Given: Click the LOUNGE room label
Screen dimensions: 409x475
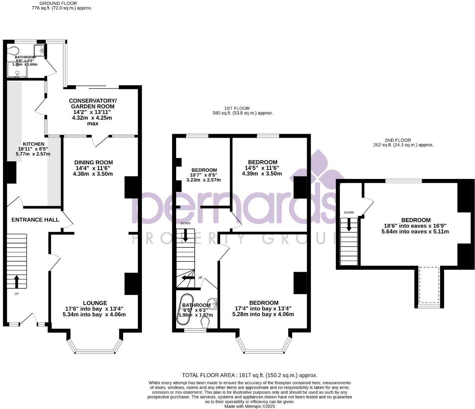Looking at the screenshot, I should point(95,303).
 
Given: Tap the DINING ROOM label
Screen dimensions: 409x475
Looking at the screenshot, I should point(94,162).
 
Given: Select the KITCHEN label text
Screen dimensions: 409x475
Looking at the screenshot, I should point(33,144).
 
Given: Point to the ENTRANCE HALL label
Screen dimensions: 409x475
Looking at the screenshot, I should point(35,219).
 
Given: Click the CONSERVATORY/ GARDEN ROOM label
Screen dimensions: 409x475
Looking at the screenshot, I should point(93,103).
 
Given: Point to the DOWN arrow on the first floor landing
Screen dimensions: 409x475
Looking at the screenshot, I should point(186,234).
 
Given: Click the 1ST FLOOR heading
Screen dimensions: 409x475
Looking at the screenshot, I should point(237,108).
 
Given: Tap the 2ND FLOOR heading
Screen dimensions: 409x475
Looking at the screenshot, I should point(398,140).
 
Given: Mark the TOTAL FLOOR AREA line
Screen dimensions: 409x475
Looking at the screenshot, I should point(249,375).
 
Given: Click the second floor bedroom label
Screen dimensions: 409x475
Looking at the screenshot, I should point(416,220).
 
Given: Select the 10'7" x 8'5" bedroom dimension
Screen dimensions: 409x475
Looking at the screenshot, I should point(204,175).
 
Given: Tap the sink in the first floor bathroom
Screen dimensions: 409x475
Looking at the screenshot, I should point(213,303).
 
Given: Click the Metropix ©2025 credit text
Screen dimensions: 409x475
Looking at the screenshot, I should point(250,407).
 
